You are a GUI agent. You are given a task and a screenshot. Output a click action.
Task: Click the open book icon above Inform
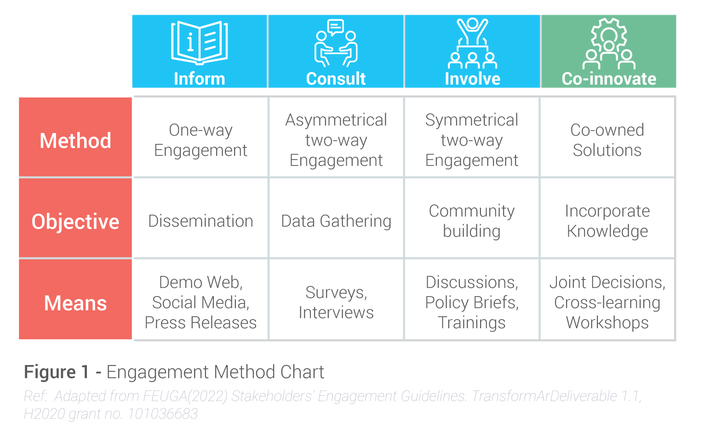click(199, 42)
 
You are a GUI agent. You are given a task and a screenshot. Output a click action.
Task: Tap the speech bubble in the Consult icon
click(336, 27)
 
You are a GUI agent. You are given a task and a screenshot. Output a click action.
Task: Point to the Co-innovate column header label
click(609, 79)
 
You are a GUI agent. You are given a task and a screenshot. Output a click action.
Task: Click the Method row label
click(75, 140)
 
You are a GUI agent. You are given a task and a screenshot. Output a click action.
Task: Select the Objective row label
click(75, 222)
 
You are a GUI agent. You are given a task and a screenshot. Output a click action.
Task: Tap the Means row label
click(75, 303)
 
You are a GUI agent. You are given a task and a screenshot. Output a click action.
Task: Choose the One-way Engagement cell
click(200, 140)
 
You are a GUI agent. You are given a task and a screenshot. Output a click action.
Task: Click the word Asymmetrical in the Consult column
click(336, 120)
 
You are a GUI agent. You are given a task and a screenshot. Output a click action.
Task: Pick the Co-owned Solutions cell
click(607, 140)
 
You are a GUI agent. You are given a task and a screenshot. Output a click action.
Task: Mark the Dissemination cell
click(200, 221)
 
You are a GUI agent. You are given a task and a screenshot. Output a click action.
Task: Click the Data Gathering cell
click(336, 221)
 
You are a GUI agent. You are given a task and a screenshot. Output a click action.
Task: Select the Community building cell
click(472, 221)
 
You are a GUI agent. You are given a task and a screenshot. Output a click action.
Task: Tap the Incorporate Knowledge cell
click(607, 221)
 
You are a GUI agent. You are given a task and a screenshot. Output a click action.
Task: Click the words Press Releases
click(200, 323)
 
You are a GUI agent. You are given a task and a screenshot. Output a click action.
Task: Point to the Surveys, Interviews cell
click(336, 303)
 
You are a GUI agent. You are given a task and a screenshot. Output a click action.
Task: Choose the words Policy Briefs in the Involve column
click(472, 303)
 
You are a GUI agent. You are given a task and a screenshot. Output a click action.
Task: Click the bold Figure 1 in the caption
click(56, 372)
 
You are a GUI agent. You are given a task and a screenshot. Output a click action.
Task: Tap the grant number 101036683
click(162, 414)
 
